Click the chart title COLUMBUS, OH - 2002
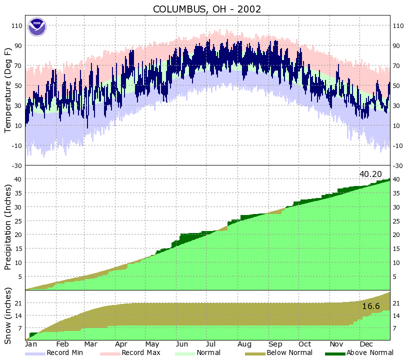click(207, 9)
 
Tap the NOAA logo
click(36, 26)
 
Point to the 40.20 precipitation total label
click(370, 174)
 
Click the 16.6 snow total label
click(371, 306)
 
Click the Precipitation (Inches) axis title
click(8, 227)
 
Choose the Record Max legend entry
click(130, 353)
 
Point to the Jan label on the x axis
click(31, 344)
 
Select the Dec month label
click(367, 344)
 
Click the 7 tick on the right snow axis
click(395, 328)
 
